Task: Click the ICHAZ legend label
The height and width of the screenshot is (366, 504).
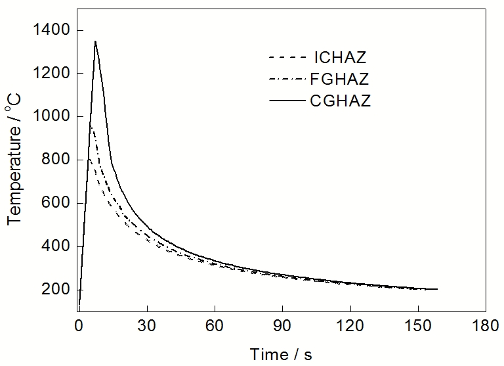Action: [x=337, y=57]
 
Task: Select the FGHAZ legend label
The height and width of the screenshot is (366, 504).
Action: [x=337, y=80]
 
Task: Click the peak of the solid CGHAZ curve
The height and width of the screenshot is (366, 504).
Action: [x=95, y=41]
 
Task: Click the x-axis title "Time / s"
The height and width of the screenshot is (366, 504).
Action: [x=281, y=354]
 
